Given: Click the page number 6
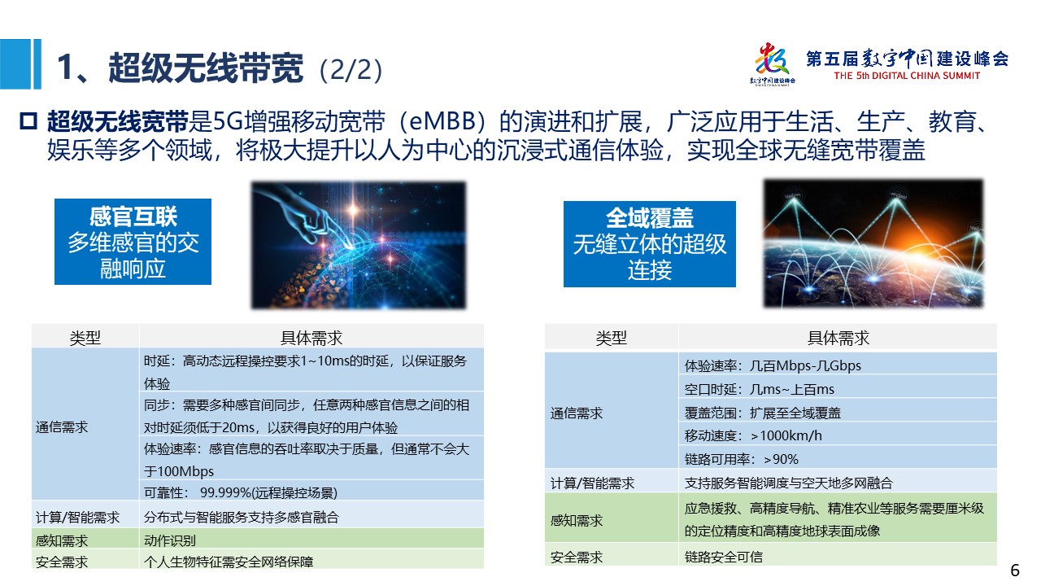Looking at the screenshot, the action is (1014, 571).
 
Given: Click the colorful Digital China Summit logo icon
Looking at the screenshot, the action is (773, 63).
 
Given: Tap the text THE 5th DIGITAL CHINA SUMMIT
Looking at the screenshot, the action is (907, 76).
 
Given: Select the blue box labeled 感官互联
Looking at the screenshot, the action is (133, 242).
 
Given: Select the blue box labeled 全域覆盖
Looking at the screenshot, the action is (649, 243).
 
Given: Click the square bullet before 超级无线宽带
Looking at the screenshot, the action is (28, 121).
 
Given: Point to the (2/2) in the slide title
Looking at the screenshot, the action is (351, 70).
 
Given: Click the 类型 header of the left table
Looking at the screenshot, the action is (85, 337).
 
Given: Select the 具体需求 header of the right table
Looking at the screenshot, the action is (838, 337).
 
